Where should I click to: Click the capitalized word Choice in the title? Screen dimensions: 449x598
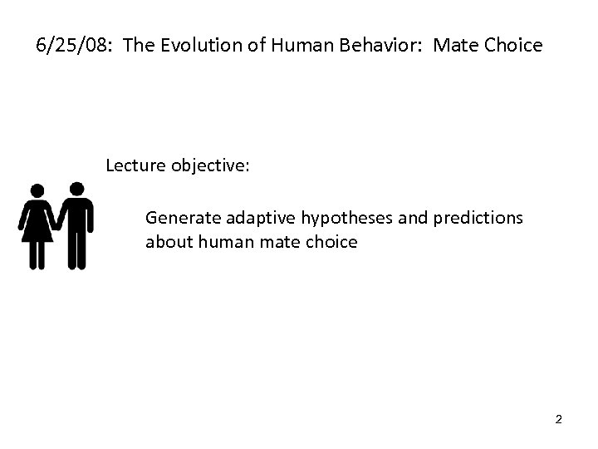pos(512,45)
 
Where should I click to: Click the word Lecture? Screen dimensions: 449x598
pos(135,165)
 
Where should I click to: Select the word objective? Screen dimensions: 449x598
pos(210,166)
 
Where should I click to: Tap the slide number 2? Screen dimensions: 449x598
pos(558,419)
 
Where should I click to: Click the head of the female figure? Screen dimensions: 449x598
pos(37,191)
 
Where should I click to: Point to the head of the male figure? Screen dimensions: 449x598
pos(76,189)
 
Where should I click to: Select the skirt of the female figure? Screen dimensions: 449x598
pos(37,229)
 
